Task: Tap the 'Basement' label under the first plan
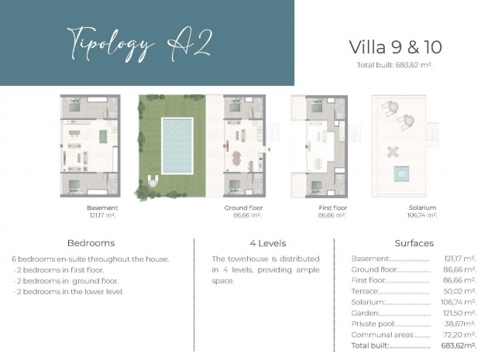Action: [x=102, y=207]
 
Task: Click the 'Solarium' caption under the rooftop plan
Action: [x=423, y=207]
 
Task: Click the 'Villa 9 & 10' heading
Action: [x=395, y=47]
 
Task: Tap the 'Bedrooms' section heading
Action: [x=91, y=242]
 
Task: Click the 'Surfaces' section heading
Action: [x=414, y=242]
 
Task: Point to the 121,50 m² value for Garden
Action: [x=460, y=313]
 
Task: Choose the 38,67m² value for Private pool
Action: [x=460, y=324]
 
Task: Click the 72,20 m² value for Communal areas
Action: [x=460, y=334]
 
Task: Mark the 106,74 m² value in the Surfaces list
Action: [x=460, y=302]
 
